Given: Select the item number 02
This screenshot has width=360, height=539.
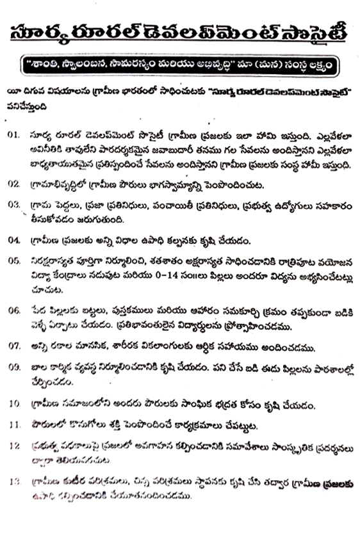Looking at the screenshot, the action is pos(15,183).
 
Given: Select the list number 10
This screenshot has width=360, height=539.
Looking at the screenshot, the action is pos(15,405).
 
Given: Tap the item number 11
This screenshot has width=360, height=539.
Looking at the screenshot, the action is pos(15,424).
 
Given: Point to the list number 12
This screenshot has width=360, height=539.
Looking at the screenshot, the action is pos(15,444).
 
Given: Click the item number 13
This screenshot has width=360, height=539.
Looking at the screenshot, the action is pos(15,479).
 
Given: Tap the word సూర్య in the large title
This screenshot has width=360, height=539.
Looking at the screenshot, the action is pos(42,34).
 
